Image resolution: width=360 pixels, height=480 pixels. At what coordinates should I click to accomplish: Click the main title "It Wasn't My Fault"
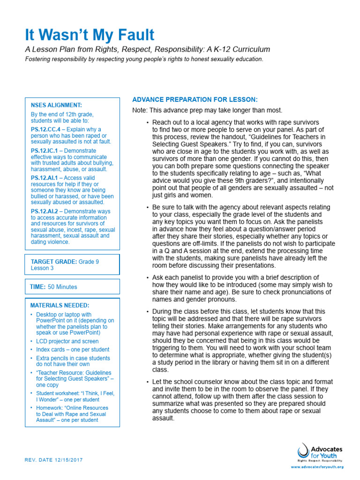90,35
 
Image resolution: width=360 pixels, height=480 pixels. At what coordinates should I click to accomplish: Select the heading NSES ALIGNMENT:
56,105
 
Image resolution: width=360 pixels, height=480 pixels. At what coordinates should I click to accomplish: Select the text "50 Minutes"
62,286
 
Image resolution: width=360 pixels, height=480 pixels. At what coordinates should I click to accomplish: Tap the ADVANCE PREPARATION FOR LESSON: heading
195,100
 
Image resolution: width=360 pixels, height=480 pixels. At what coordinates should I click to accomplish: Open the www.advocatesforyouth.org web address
317,467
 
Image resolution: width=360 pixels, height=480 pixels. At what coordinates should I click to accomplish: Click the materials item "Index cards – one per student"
73,349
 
